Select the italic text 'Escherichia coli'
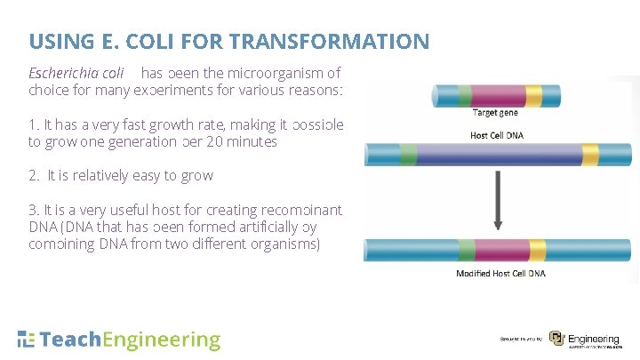click(x=76, y=74)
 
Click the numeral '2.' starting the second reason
click(x=34, y=175)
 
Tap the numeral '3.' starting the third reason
click(x=34, y=210)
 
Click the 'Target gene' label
click(x=496, y=113)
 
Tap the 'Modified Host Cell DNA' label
click(x=500, y=273)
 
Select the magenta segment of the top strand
click(x=498, y=95)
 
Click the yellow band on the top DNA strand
click(x=534, y=95)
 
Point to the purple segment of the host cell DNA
click(x=498, y=156)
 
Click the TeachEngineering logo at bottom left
click(x=119, y=340)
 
